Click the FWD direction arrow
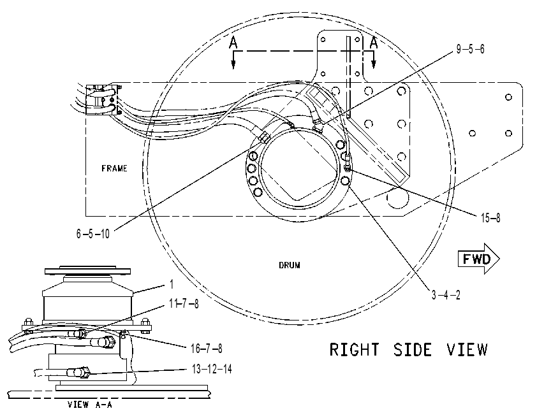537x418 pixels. [479, 259]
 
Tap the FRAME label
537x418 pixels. [114, 168]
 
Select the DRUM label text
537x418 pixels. [290, 265]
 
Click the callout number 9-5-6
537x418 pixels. [470, 49]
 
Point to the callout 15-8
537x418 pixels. [490, 218]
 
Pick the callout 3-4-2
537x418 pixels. [446, 295]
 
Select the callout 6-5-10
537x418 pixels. [93, 234]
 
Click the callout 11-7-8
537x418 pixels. [184, 303]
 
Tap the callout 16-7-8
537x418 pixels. [206, 349]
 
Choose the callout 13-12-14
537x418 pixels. [212, 370]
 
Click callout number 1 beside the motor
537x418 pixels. [172, 284]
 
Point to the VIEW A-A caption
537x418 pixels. [90, 405]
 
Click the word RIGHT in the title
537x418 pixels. [355, 350]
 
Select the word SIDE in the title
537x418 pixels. [413, 350]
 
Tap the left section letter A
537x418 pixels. [233, 43]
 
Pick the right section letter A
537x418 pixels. [374, 43]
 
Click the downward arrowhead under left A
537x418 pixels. [233, 64]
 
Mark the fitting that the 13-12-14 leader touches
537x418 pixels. [79, 372]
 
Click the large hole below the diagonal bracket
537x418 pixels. [398, 198]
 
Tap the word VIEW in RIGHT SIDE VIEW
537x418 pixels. [467, 350]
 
